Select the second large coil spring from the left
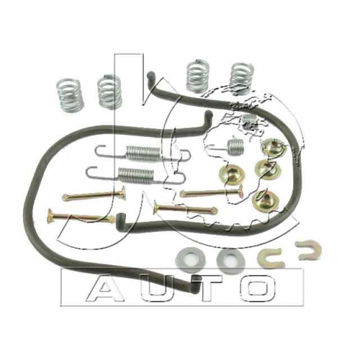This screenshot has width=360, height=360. [x=109, y=92]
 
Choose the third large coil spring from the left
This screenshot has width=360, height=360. [x=198, y=76]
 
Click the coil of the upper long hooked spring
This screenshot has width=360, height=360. [x=143, y=152]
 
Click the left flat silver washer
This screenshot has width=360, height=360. [x=190, y=260]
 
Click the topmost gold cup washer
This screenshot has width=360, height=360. [x=274, y=148]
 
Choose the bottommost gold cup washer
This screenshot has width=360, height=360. [x=266, y=200]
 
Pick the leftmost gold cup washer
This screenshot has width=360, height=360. [x=232, y=174]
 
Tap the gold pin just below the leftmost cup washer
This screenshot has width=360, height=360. [x=211, y=193]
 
